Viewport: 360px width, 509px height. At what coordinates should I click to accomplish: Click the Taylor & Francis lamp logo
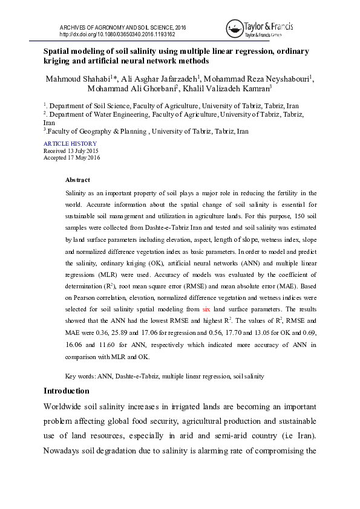click(235, 27)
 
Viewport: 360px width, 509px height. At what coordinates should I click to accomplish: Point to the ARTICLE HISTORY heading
click(70, 144)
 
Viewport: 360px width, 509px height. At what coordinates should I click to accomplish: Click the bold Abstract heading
click(77, 180)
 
